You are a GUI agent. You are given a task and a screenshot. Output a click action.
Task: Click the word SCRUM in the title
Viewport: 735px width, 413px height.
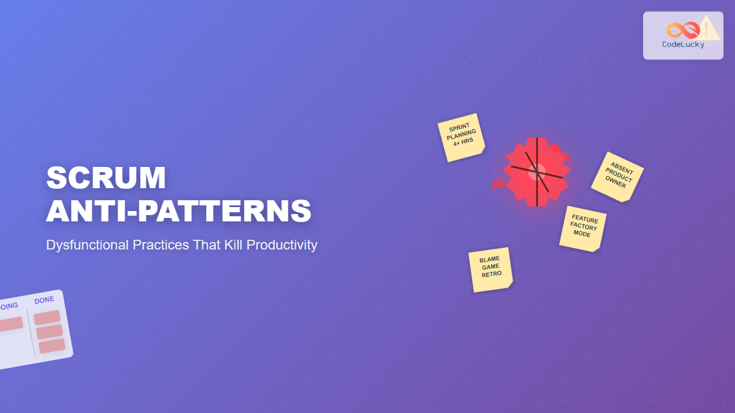(106, 178)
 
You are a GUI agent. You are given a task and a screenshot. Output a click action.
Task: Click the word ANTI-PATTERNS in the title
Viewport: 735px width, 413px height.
(179, 211)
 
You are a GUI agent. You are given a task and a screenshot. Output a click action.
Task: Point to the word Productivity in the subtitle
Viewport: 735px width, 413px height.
(282, 245)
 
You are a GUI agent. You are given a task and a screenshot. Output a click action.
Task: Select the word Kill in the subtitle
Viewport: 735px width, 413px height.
(231, 245)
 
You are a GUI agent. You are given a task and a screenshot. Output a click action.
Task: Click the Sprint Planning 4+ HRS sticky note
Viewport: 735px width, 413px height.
(461, 138)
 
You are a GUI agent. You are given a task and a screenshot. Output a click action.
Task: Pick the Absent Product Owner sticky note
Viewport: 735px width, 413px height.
(618, 177)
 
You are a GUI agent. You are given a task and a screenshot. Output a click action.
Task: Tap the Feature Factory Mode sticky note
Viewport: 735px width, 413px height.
(583, 228)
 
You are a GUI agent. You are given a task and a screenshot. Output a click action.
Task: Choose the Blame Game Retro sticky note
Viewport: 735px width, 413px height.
(490, 269)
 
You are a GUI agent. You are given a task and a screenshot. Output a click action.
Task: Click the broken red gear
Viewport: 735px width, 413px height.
(537, 172)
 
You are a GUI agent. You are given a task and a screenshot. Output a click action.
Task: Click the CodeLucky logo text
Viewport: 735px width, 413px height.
(683, 45)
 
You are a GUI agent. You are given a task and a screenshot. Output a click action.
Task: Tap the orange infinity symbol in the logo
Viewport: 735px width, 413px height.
(682, 30)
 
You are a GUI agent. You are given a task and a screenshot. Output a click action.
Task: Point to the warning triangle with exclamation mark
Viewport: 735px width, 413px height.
(708, 29)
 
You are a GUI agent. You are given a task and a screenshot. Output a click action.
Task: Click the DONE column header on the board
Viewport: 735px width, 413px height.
(44, 300)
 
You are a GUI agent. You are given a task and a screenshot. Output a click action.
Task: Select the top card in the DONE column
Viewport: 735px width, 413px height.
(47, 317)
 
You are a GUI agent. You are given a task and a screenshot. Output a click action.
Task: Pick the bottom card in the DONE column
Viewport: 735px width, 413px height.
(52, 346)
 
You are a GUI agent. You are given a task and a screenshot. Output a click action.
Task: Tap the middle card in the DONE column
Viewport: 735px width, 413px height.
(49, 332)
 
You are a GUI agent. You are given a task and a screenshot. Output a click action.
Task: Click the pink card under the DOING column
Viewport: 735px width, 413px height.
(9, 324)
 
